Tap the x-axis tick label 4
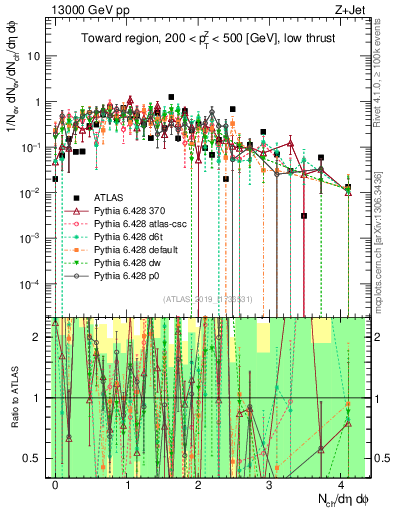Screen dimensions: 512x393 341,483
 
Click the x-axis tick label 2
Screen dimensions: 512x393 198,483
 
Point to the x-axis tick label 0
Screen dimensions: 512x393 55,483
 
